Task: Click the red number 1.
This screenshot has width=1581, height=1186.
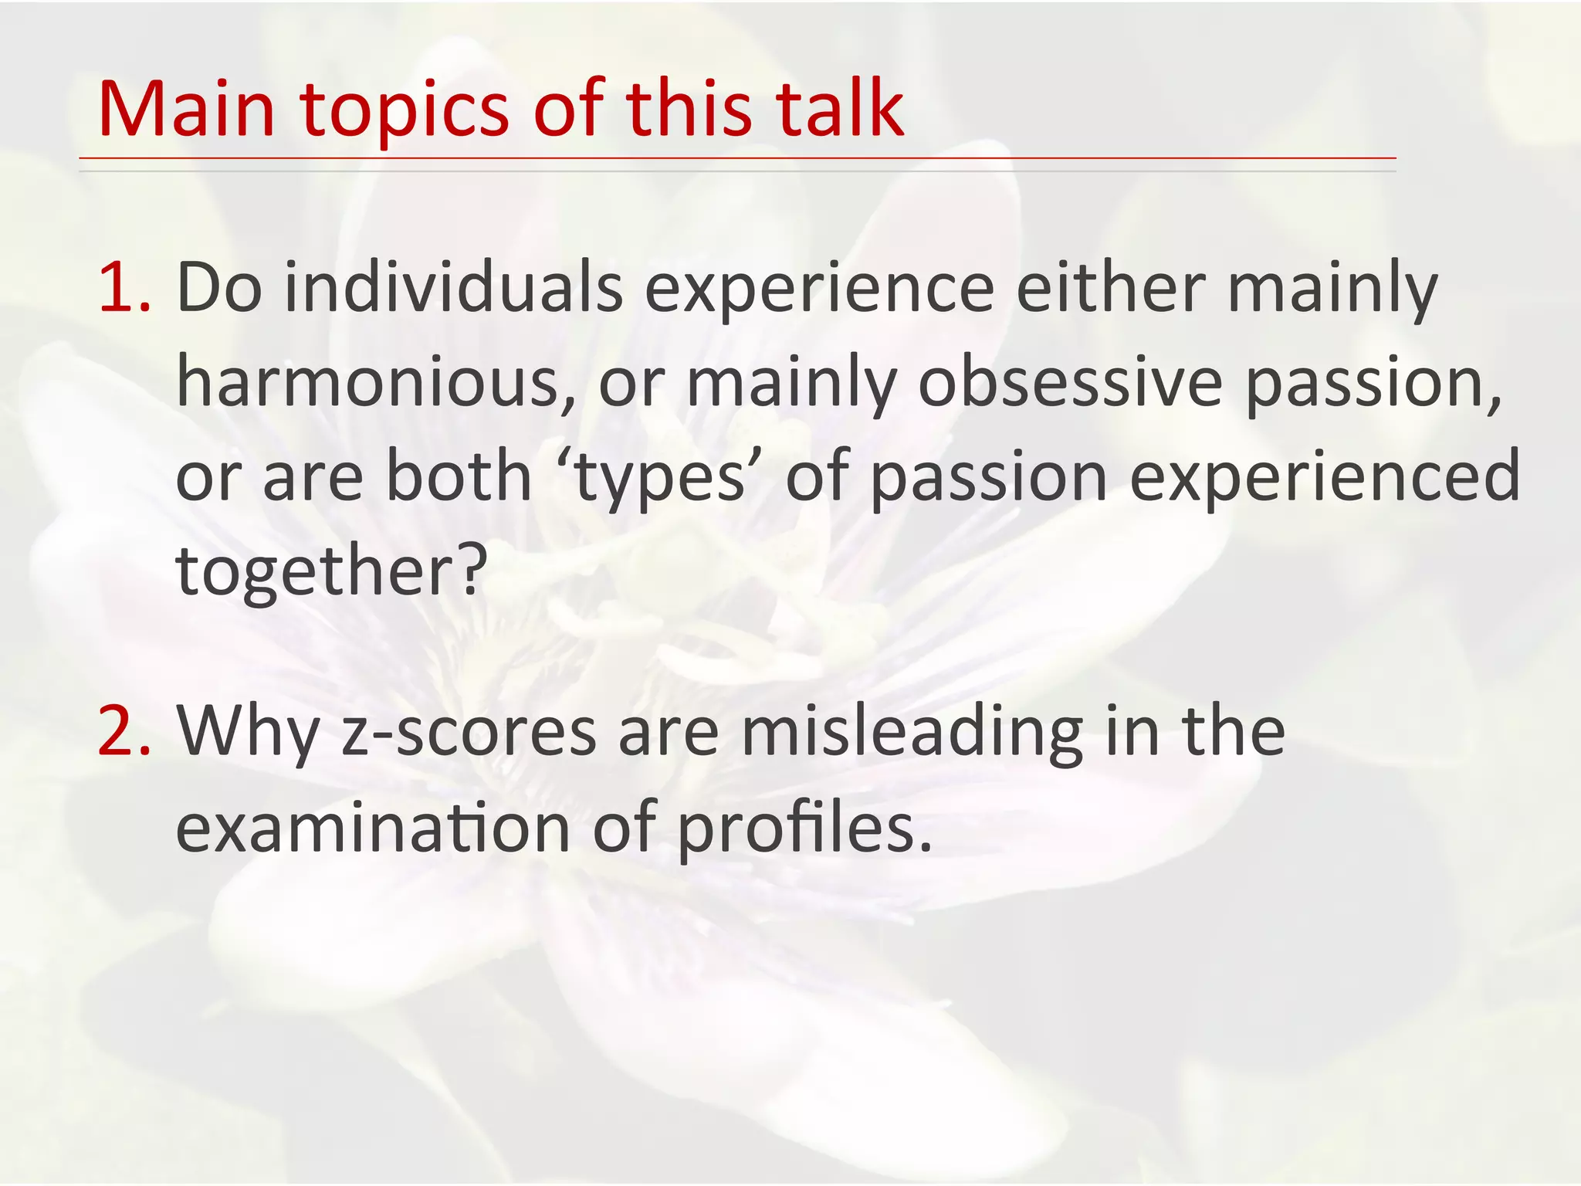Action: pyautogui.click(x=124, y=289)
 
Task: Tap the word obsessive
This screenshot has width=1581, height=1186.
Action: pyautogui.click(x=1070, y=384)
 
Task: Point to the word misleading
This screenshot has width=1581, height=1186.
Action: pyautogui.click(x=912, y=734)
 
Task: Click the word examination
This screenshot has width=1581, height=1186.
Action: pyautogui.click(x=374, y=829)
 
